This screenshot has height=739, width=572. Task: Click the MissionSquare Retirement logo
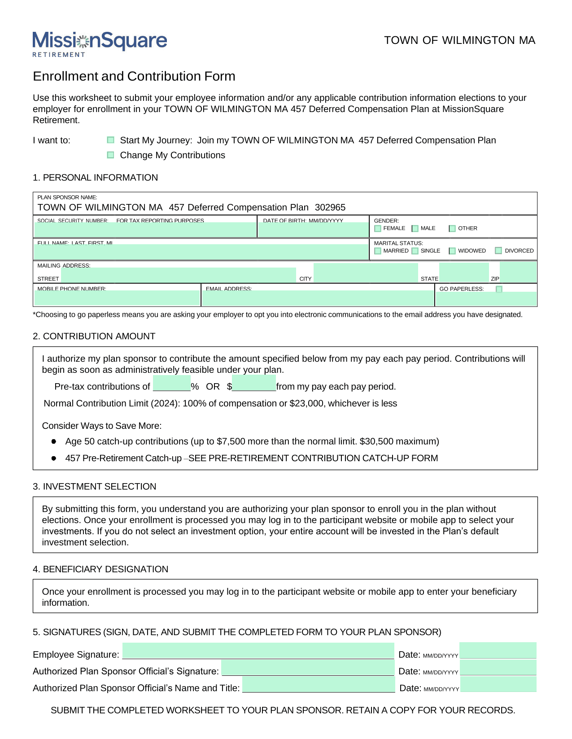100,43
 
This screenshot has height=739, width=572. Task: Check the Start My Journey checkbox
111,140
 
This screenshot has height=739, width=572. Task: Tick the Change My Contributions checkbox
111,155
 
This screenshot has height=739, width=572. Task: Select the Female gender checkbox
378,229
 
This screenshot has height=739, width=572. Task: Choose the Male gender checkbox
415,229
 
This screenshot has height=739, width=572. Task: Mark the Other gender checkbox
452,229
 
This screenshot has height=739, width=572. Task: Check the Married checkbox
378,251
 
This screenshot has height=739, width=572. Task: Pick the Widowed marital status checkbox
452,251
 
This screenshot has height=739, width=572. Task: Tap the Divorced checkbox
498,251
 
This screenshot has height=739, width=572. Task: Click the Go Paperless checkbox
499,289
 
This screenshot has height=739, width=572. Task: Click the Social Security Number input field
145,229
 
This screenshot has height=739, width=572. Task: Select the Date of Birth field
313,229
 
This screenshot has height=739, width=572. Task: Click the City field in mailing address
366,273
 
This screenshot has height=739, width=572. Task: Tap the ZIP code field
518,272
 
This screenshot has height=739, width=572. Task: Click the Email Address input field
318,298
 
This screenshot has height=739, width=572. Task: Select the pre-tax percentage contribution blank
172,384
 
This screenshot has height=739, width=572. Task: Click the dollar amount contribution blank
254,384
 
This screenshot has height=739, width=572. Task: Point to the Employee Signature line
258,651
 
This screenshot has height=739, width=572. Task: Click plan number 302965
330,207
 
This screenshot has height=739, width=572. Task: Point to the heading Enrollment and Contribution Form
134,76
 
